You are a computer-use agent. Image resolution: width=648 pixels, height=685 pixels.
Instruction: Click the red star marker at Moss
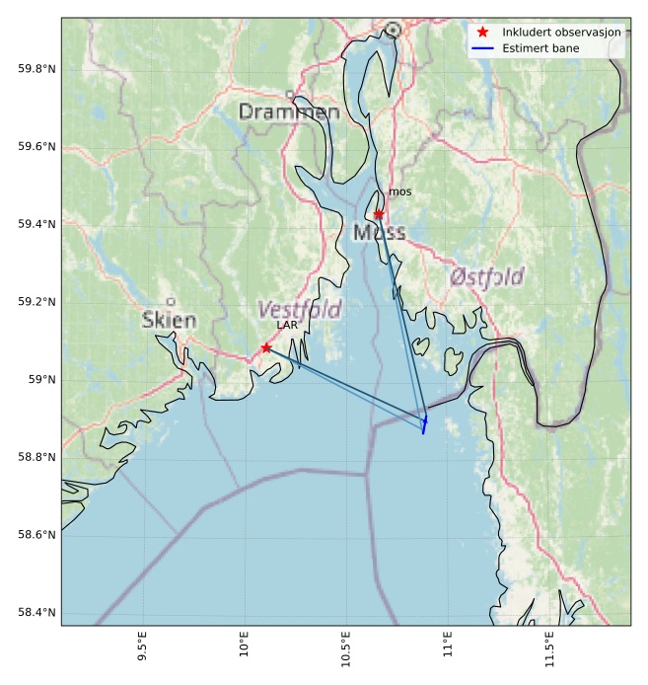tap(379, 214)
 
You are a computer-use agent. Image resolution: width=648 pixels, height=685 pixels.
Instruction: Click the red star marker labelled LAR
tap(266, 347)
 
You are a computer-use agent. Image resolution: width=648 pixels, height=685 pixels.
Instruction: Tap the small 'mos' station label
tap(399, 192)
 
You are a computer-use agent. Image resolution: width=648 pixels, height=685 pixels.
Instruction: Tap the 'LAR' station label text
tap(287, 325)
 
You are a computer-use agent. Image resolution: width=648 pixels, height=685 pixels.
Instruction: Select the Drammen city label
tap(289, 113)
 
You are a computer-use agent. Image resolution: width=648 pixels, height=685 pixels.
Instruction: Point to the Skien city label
tap(169, 320)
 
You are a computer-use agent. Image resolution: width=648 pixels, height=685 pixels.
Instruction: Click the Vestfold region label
tap(299, 310)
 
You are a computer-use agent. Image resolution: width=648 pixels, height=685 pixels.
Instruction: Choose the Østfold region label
tap(486, 277)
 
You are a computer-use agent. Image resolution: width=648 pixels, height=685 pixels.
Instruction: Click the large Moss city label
tap(379, 233)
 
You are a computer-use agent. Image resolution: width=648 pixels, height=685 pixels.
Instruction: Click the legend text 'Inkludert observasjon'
tap(561, 32)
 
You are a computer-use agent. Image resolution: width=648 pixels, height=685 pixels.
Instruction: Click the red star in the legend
tap(483, 32)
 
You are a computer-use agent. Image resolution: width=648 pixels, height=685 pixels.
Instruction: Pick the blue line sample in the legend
tap(483, 47)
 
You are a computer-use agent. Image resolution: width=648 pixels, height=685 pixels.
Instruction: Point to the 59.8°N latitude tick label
tap(36, 69)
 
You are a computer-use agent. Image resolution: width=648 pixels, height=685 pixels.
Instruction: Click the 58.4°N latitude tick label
tap(36, 613)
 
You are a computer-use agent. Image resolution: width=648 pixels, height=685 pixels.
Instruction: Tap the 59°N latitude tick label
tap(41, 380)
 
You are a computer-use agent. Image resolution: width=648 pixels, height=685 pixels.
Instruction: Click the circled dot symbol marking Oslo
tap(393, 30)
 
